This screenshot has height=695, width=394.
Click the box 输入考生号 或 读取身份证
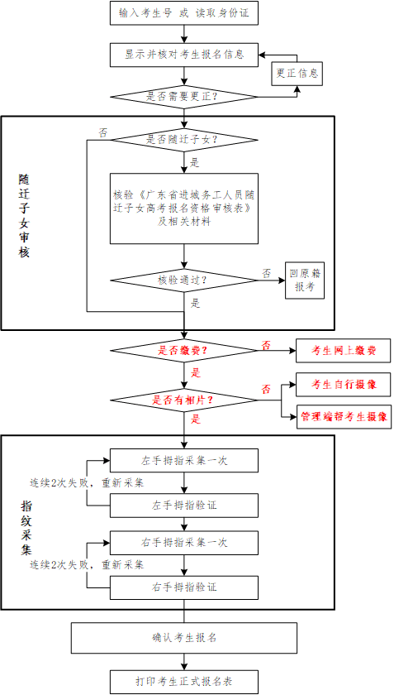183,13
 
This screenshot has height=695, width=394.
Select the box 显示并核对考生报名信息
183,55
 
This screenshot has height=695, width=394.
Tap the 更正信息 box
297,73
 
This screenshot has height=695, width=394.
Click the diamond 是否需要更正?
183,97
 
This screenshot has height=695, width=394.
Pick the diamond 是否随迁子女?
183,140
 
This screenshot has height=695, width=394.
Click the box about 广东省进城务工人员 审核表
183,208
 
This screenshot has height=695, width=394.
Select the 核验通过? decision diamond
183,280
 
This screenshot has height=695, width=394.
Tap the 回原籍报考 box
305,280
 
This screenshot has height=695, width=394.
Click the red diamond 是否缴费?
183,351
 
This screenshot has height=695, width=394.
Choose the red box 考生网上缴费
344,351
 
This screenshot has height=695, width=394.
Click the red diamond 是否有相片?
183,400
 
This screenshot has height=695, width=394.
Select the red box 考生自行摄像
344,384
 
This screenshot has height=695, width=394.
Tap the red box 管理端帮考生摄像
344,417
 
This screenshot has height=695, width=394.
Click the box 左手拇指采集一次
183,461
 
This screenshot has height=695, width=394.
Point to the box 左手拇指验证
183,506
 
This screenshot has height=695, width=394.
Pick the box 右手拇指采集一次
183,543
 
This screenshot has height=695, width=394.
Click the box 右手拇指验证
183,587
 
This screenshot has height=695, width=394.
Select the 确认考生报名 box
183,638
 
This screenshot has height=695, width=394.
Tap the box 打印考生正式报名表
183,681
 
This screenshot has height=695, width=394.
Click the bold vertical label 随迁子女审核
24,216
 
